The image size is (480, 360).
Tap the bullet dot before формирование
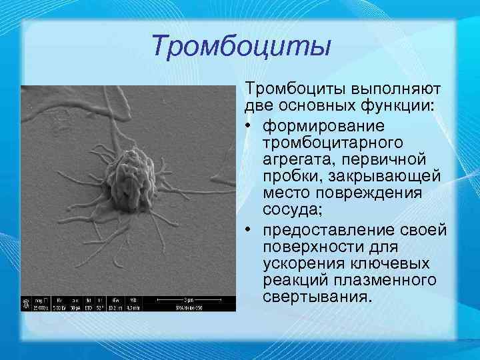[251, 125]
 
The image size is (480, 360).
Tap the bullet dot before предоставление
[251, 229]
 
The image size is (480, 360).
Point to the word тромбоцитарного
[325, 141]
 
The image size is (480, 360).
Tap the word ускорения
[300, 263]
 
